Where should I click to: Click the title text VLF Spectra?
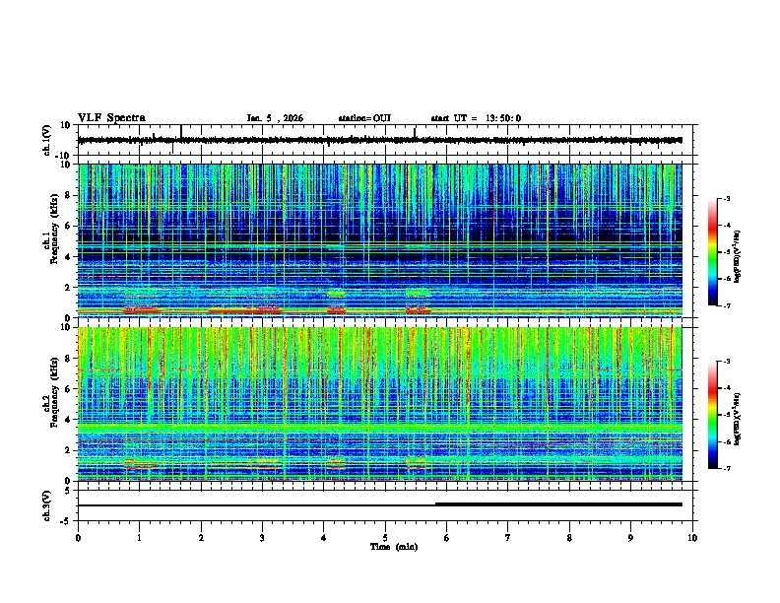(x=111, y=117)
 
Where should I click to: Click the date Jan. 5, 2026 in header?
(x=275, y=118)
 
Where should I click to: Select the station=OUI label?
(x=364, y=118)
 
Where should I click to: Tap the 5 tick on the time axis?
(x=385, y=537)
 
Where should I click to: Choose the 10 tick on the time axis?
(x=692, y=537)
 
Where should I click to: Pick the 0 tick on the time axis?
(x=78, y=537)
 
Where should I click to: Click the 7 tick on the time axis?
(x=508, y=537)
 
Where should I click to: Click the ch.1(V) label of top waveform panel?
(x=47, y=141)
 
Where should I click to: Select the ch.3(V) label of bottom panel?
(x=47, y=503)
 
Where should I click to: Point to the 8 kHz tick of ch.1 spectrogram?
(x=69, y=195)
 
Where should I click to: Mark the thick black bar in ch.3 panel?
(x=558, y=503)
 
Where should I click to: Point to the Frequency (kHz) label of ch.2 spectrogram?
(x=56, y=403)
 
